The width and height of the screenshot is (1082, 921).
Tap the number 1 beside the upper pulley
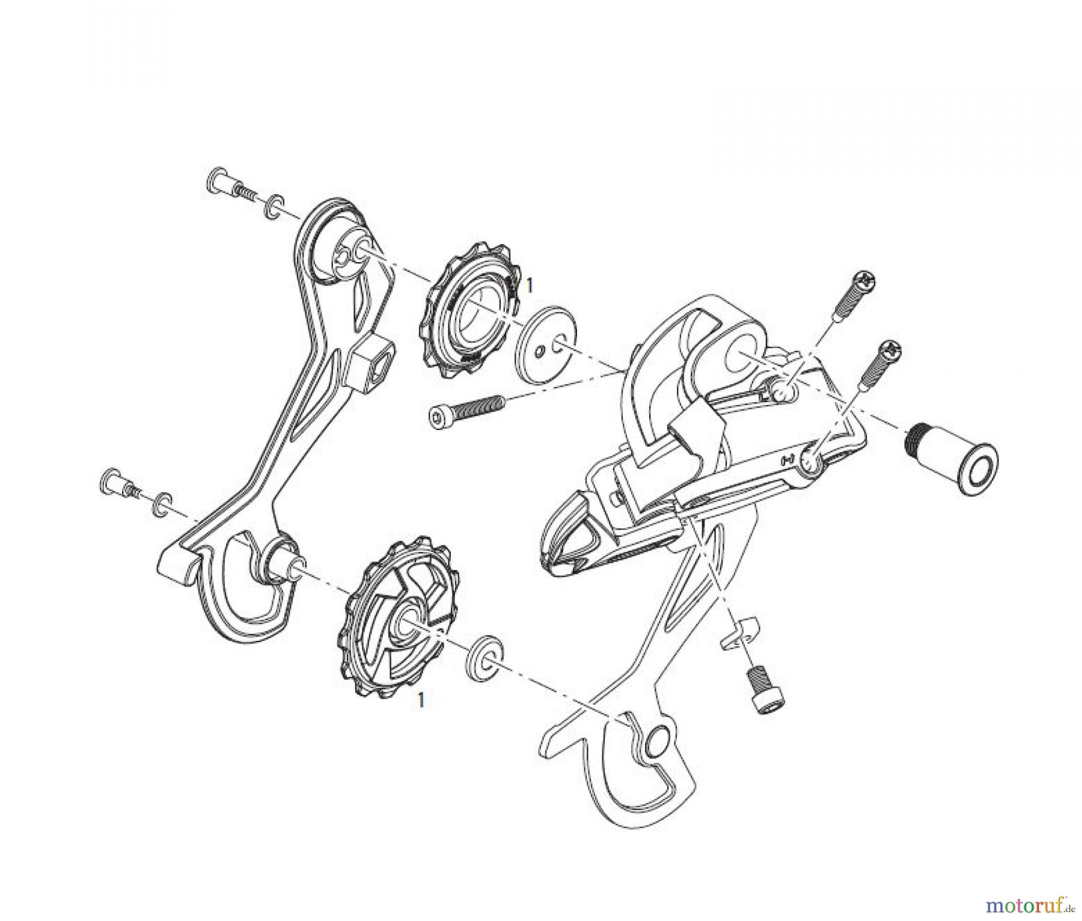tap(528, 286)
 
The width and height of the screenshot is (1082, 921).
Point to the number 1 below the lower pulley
tap(421, 700)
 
